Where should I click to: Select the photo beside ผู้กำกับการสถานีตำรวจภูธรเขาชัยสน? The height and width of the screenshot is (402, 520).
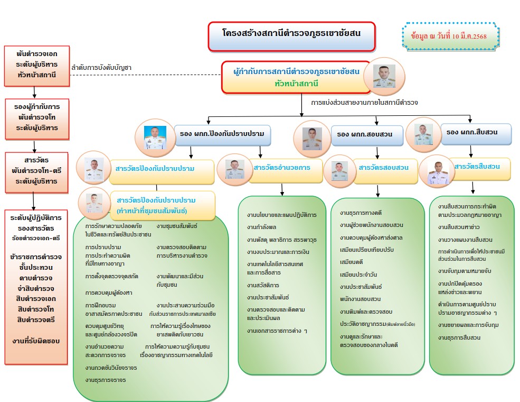coord(384,76)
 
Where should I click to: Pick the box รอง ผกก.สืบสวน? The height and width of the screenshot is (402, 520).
coord(478,132)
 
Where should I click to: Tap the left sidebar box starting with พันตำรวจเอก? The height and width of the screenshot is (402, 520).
coord(36,66)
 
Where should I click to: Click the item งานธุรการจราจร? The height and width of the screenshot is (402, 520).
coord(106,380)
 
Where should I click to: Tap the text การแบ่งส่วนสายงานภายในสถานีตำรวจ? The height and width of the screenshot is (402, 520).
coord(364,101)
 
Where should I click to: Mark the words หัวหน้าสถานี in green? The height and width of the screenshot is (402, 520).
coord(296,84)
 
